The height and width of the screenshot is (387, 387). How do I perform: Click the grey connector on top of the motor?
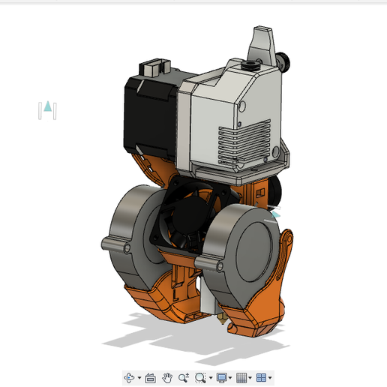pos(153,68)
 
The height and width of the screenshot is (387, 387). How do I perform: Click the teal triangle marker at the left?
pos(48,106)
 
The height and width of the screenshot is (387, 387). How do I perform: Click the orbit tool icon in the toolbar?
pos(130,377)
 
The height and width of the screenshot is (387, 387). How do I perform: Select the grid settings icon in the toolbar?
pos(241,377)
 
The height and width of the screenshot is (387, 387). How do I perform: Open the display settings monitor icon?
pos(221,377)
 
